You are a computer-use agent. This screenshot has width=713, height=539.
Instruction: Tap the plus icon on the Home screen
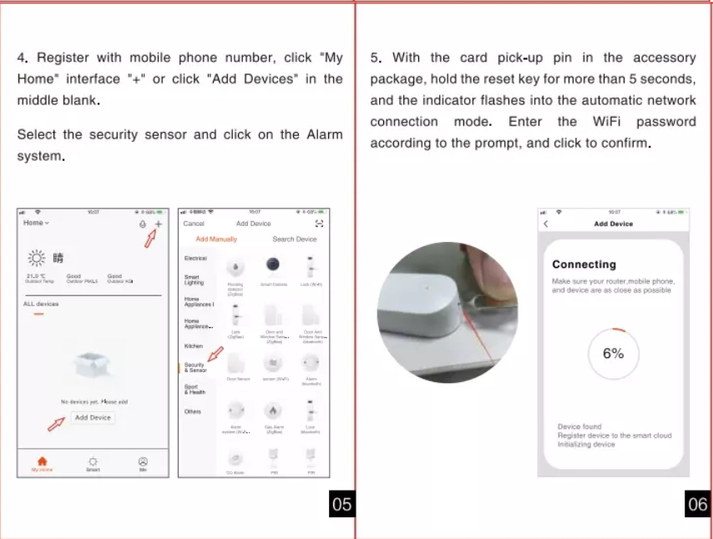(159, 224)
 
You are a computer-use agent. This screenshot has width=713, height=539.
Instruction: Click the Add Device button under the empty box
(92, 417)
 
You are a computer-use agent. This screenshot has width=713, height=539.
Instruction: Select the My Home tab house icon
(43, 461)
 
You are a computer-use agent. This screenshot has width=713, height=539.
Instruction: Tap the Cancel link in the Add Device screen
(194, 224)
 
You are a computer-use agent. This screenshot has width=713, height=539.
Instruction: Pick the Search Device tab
(294, 239)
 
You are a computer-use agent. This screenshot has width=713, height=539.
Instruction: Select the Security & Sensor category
(195, 367)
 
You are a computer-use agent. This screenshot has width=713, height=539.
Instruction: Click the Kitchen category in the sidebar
(193, 345)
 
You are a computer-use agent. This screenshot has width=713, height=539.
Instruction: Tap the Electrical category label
(195, 259)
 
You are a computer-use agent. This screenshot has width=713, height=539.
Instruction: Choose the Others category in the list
(192, 411)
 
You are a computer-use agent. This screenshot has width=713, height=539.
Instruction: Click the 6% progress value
(613, 354)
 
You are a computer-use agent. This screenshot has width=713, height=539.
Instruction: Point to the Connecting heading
(584, 264)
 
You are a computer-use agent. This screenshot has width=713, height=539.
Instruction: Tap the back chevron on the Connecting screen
(546, 224)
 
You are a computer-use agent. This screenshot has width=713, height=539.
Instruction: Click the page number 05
(341, 504)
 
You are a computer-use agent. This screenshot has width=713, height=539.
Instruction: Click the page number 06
(697, 504)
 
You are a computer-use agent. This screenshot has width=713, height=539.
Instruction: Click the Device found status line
(579, 427)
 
